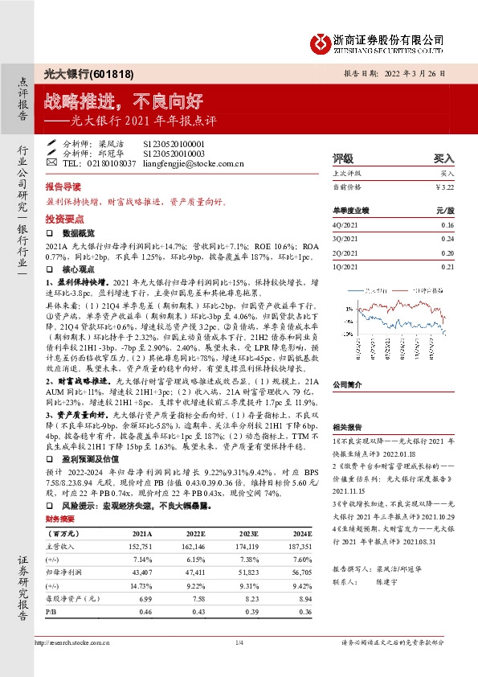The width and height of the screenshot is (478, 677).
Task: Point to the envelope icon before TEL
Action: click(x=52, y=163)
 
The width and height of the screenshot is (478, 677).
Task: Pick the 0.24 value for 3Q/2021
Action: click(x=447, y=240)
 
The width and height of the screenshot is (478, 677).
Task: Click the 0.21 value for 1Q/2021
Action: click(x=447, y=266)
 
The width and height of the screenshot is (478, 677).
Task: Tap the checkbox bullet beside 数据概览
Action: click(x=50, y=232)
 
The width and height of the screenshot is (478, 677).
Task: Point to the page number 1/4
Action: click(x=239, y=642)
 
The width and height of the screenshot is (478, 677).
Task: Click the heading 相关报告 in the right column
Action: click(x=345, y=429)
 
